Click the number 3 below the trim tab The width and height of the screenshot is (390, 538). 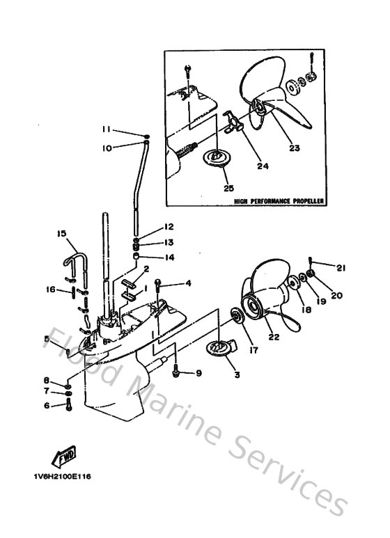click(237, 375)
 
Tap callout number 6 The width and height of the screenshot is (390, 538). click(47, 405)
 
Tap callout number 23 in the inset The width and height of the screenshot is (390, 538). click(294, 148)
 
